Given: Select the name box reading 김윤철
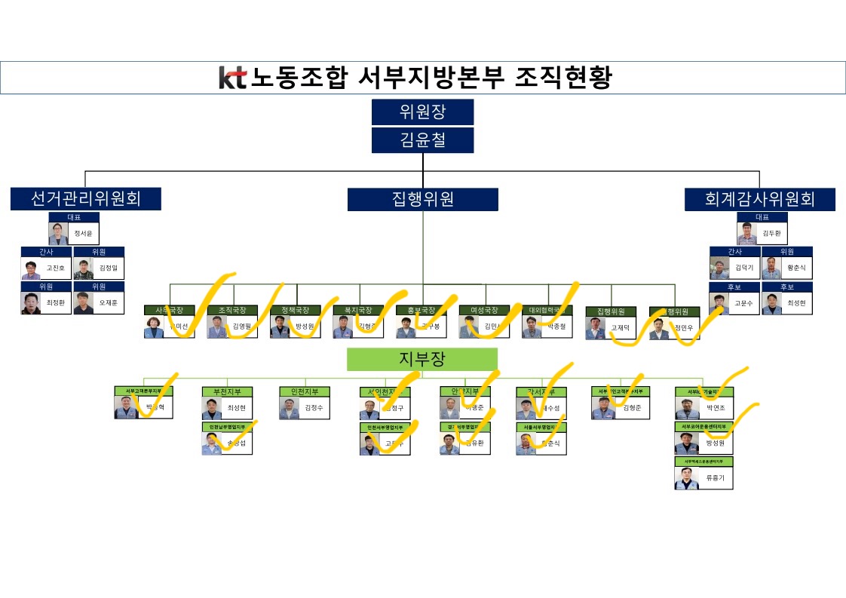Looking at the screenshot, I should click(x=422, y=140).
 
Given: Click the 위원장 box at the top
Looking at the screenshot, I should click(x=422, y=112).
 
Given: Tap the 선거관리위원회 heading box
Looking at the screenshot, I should click(x=85, y=199).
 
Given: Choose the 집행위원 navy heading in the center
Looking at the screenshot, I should click(x=422, y=199).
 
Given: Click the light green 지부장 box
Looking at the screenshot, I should click(x=422, y=359).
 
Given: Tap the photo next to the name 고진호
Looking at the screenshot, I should click(x=31, y=269).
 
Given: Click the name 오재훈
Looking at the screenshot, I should click(x=109, y=303).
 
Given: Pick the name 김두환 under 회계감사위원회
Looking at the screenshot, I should click(x=772, y=234).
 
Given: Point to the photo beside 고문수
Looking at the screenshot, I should click(x=719, y=303).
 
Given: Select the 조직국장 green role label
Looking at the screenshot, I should click(x=232, y=310).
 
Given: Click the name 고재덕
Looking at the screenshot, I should click(x=621, y=328).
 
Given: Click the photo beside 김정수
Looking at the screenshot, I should click(x=290, y=408).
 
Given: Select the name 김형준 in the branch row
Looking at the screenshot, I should click(x=632, y=408).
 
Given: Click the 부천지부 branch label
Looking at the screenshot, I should click(x=228, y=391).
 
